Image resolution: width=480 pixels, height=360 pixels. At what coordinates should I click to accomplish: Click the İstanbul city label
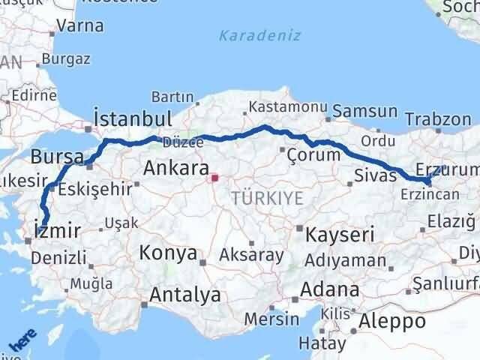point(133,118)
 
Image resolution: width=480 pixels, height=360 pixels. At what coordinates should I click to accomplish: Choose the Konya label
point(167,253)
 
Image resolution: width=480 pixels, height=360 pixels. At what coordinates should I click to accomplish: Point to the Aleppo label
point(393,321)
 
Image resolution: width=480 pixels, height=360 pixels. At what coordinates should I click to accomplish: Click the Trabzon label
point(438,118)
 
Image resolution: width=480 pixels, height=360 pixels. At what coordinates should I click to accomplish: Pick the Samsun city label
point(364,111)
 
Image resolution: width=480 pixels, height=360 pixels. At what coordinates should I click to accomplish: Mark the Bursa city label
point(51,157)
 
